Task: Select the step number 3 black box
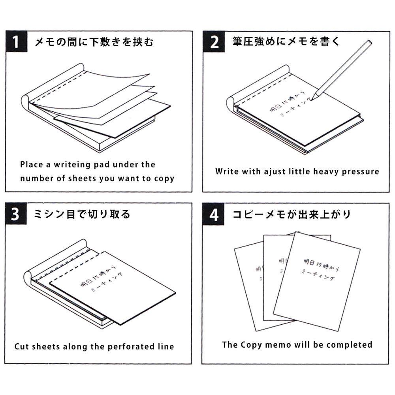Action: click(16, 214)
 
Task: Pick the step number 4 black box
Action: click(214, 214)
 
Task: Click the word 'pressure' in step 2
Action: click(361, 171)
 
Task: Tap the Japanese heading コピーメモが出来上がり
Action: click(292, 214)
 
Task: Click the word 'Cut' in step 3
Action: click(21, 347)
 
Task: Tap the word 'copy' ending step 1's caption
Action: click(164, 179)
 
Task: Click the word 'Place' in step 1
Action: click(31, 165)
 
